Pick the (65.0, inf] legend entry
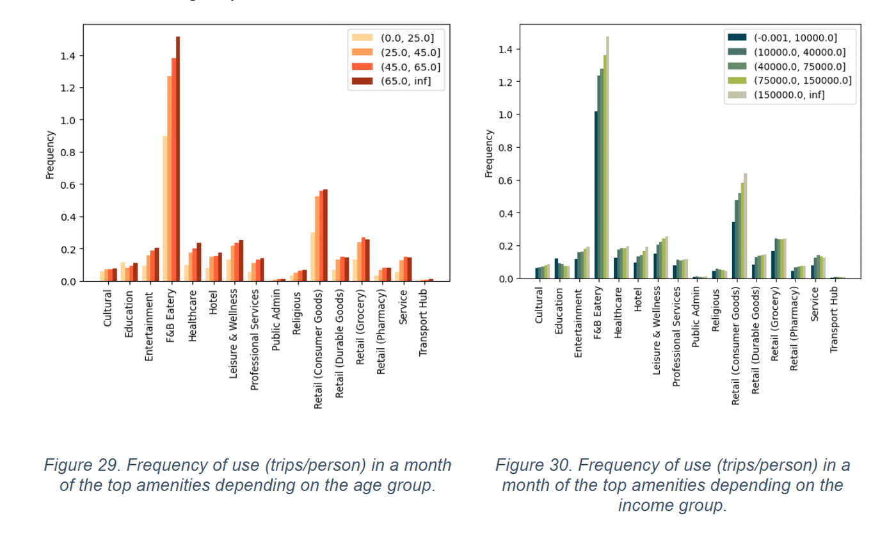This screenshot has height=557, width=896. click(405, 81)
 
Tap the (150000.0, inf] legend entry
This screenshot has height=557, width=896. click(788, 95)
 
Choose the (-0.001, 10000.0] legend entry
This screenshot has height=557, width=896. click(794, 38)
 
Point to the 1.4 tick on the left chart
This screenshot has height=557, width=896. click(68, 56)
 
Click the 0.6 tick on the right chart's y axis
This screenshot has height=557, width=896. click(506, 181)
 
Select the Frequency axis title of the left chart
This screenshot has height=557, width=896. click(49, 154)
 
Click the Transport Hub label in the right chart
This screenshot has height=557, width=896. click(833, 319)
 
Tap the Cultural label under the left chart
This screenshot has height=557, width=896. click(108, 308)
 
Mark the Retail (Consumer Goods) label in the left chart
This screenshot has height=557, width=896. click(318, 349)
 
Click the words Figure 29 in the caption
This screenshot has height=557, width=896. click(82, 465)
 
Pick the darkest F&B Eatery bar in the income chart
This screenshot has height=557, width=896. click(596, 195)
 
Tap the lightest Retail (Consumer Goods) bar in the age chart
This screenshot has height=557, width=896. click(313, 257)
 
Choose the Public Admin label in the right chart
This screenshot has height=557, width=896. click(696, 318)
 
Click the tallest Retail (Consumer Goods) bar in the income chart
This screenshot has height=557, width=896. click(746, 226)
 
